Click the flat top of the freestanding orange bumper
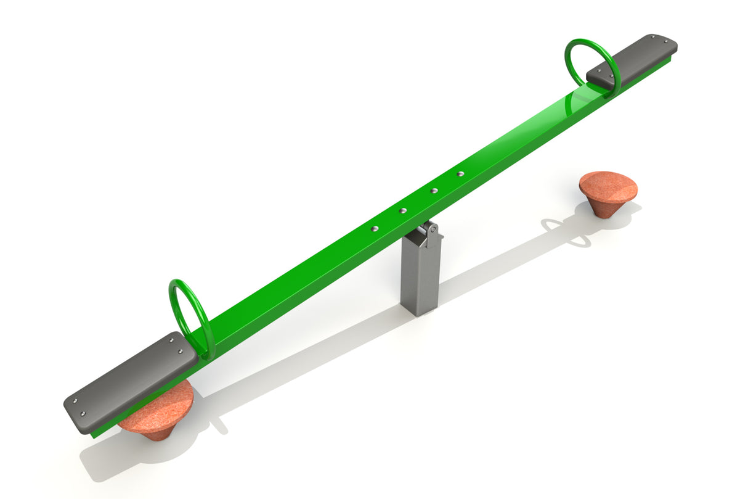point(608,184)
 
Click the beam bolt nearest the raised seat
point(460,173)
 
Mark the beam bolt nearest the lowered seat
point(373,229)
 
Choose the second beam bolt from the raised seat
point(434,191)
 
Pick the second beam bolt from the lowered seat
point(403,210)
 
